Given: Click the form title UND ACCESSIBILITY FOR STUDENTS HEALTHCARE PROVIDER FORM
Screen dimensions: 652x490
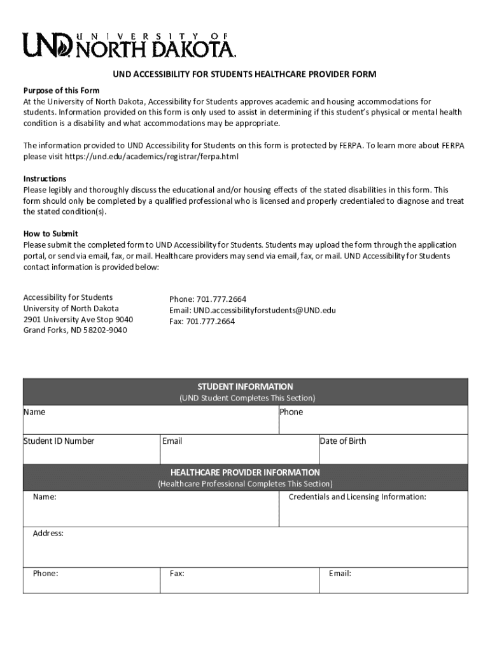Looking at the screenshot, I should point(244,74).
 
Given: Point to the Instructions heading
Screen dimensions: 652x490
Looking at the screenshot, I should point(45,179).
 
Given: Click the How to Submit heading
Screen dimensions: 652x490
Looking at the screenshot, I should point(51,234).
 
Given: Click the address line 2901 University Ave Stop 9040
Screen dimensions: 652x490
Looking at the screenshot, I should point(78,319).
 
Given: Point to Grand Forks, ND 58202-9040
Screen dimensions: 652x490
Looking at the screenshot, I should point(75,330).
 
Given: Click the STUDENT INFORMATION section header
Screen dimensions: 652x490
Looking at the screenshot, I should point(245,386).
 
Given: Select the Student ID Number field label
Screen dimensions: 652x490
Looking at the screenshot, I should point(59,441).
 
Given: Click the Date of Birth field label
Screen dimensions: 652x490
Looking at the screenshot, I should point(343,441).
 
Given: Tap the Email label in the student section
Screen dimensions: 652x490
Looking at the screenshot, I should point(172,441).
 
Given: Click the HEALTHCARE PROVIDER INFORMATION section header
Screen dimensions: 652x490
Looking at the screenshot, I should point(245,472).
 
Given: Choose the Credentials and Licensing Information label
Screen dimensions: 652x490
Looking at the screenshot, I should point(357,497).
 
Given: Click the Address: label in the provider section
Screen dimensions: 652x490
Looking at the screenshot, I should point(48,534).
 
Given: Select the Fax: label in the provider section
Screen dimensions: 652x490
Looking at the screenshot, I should point(177,574).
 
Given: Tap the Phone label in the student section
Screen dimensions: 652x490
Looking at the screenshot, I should point(291,412).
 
